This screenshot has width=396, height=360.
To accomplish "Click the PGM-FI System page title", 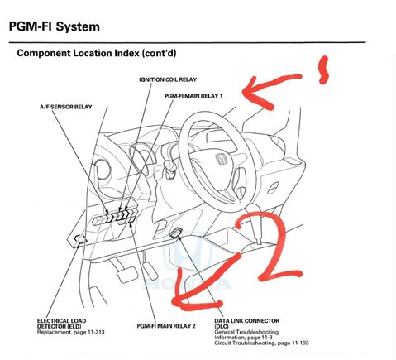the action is (x=55, y=26).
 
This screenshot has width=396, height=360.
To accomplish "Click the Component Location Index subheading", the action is (x=97, y=53).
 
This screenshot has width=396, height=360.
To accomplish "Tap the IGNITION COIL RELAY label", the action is (x=168, y=79).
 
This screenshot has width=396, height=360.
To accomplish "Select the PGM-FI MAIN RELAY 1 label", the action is (x=193, y=96).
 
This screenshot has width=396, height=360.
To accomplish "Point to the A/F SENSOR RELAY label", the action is (x=66, y=107).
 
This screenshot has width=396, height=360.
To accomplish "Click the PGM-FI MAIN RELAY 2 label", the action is (x=166, y=326).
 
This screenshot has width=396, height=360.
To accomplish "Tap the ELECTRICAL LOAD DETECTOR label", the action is (x=61, y=324).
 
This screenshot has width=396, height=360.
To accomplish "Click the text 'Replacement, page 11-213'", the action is (x=71, y=332).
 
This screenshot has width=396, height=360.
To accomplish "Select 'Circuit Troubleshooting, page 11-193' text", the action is (x=261, y=343).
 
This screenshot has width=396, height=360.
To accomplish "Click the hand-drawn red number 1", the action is (x=323, y=70).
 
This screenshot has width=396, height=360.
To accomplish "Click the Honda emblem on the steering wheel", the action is (x=222, y=159).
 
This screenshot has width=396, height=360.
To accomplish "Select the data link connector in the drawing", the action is (x=176, y=233).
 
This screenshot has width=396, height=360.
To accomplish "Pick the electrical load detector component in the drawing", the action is (x=80, y=239).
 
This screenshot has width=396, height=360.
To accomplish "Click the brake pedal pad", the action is (x=127, y=274).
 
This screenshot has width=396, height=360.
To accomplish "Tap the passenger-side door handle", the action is (x=273, y=188).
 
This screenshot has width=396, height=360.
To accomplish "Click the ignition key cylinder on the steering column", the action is (x=169, y=166).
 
